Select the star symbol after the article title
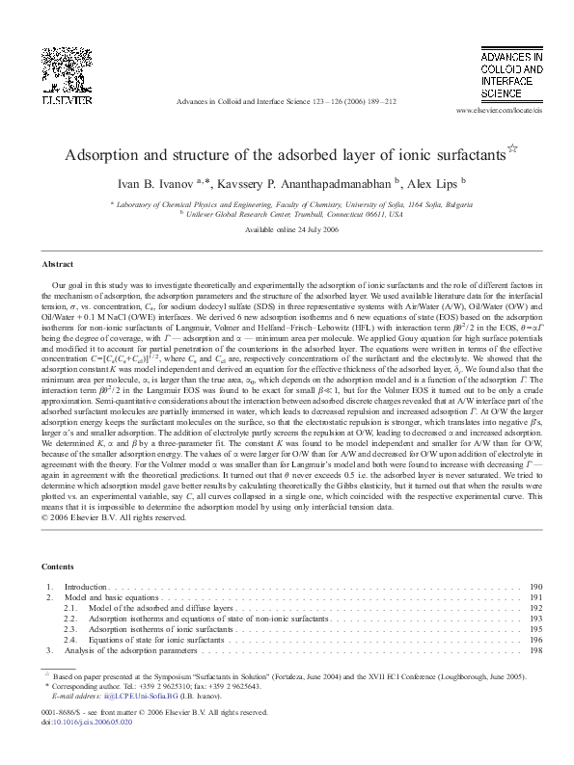[512, 147]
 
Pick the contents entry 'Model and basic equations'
[113, 598]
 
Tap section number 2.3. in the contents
[70, 629]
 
